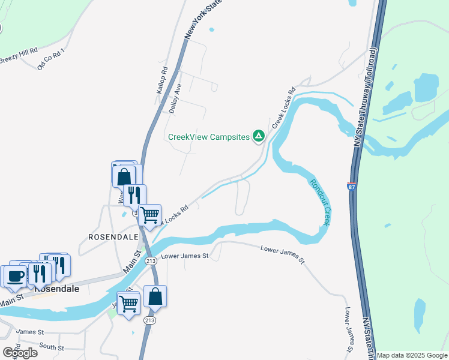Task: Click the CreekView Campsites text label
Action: (x=208, y=137)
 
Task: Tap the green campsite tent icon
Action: (x=259, y=137)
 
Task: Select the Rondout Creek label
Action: (x=319, y=200)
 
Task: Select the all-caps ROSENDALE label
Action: (x=113, y=237)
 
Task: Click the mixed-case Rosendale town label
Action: (x=56, y=288)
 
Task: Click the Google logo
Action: (x=20, y=353)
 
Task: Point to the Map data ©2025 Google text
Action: (x=412, y=355)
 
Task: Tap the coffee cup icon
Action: (x=16, y=276)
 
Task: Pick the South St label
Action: (x=52, y=347)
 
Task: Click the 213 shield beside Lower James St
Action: (x=151, y=260)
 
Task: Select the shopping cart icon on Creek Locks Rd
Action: (x=149, y=214)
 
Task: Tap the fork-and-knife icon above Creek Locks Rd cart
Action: (x=134, y=194)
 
